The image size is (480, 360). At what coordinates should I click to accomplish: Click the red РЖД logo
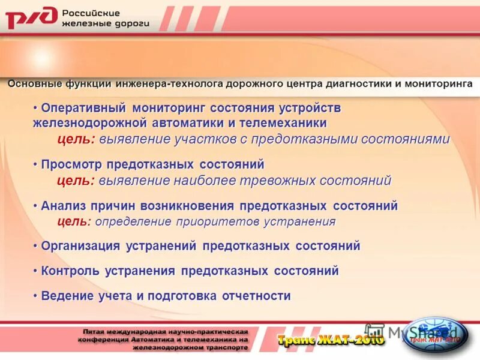tap(31, 19)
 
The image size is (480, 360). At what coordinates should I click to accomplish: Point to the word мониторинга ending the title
tap(438, 83)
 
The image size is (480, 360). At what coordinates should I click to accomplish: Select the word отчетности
tap(256, 296)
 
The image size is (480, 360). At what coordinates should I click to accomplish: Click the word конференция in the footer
tap(104, 339)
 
